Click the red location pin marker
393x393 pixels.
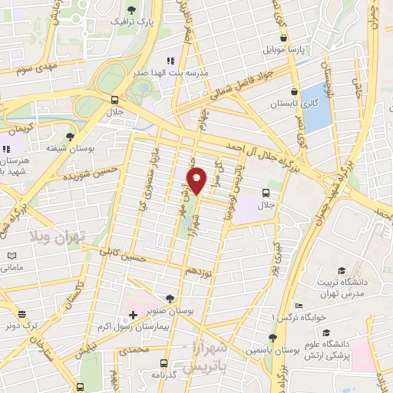pos(197,179)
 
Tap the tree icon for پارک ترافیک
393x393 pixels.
pos(131,10)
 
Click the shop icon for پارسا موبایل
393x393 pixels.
pos(284,36)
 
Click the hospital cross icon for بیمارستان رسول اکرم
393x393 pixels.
pos(132,315)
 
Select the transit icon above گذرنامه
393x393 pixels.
pos(163,363)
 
